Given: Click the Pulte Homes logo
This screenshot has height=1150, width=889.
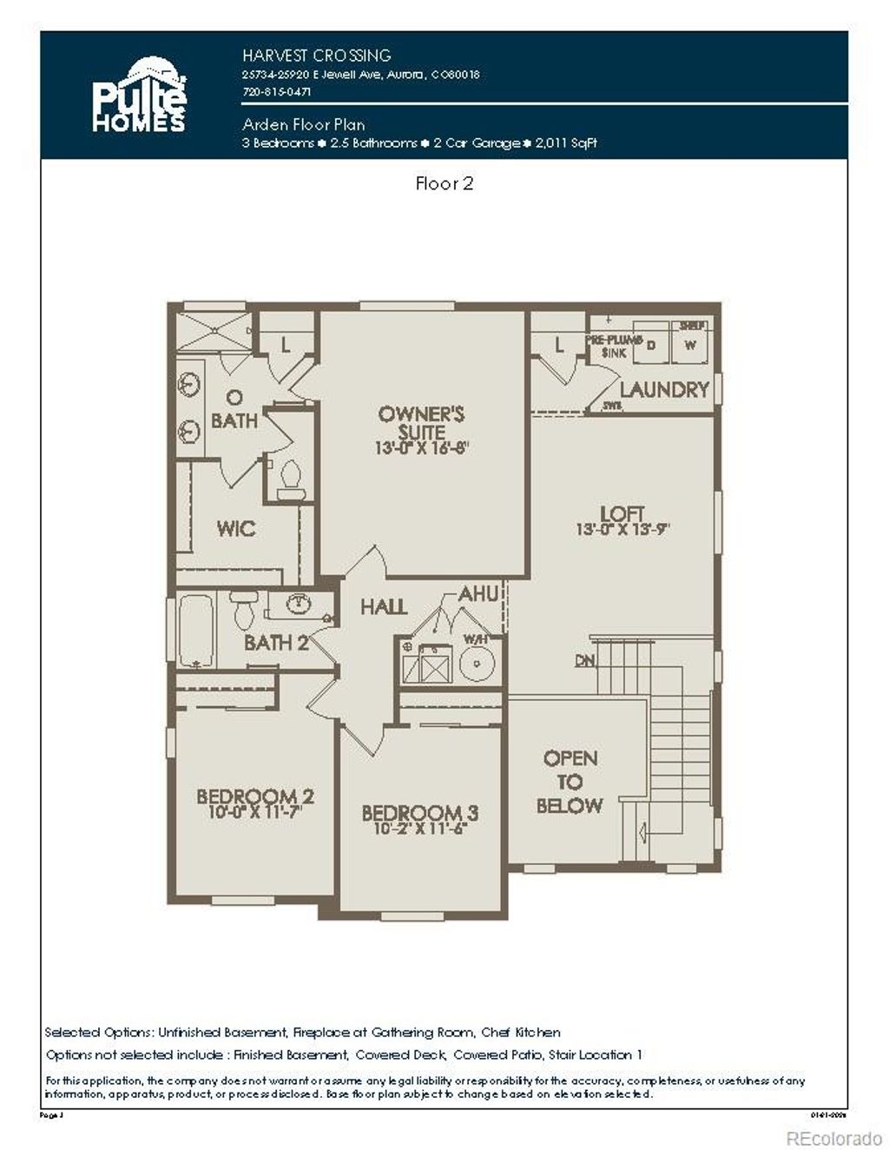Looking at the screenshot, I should coord(139,96).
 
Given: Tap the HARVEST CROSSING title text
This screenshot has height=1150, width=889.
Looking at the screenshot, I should coord(316,56).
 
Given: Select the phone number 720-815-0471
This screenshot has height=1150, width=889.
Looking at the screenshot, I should coord(276,91).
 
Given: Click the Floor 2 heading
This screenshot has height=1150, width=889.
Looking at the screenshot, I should coord(444,183).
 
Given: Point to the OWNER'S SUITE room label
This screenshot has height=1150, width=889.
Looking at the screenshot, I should coord(422,422).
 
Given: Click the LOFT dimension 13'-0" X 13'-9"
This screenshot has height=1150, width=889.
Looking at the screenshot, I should coord(622,529).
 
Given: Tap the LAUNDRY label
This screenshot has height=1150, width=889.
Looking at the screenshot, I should coord(664,390).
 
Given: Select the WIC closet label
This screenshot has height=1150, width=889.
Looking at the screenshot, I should coord(235,528).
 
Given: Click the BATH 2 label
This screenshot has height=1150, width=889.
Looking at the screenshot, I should coord(276,643).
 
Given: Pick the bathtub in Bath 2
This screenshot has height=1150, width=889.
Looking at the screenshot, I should coord(196,630).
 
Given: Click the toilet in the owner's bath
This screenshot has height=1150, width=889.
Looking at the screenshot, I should coord(291,478).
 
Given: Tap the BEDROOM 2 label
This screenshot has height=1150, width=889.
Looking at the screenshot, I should coord(254,796).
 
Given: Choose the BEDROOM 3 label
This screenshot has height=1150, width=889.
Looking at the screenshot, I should coord(419,813).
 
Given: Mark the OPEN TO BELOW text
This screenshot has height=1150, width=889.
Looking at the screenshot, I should coord(570,782).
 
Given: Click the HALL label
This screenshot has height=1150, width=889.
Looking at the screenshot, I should coord(384,606).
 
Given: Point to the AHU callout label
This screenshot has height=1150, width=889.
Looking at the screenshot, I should coord(478,594).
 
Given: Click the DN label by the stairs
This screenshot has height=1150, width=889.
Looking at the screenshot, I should coord(584,661).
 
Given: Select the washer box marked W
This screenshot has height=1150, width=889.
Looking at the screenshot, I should coord(691,345).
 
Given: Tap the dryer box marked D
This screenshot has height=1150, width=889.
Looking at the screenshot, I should coord(651,345).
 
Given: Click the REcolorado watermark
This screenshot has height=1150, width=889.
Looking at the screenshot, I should coord(833,1138).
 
